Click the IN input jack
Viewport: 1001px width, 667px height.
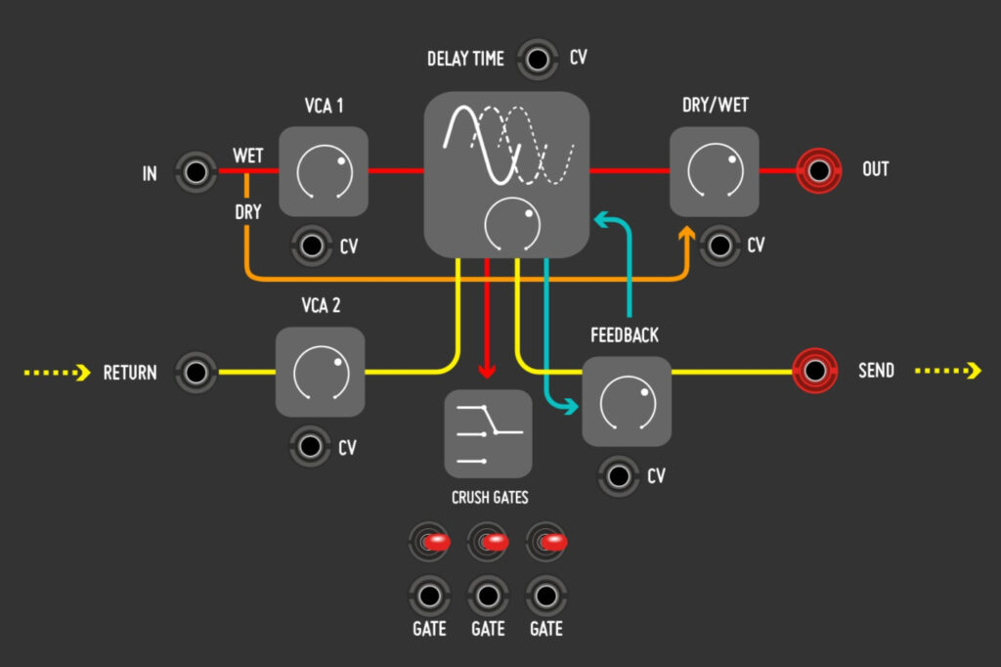(x=196, y=173)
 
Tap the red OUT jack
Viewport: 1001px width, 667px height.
(x=818, y=171)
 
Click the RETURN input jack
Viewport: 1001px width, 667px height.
(x=196, y=372)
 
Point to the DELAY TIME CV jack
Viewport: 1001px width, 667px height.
(x=536, y=60)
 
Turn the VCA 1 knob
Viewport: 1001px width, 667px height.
(x=324, y=172)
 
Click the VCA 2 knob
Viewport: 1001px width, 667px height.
(x=321, y=373)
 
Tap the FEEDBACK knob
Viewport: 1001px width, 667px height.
(x=627, y=401)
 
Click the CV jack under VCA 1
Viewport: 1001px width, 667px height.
(x=312, y=245)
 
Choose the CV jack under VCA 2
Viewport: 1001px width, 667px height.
(x=311, y=447)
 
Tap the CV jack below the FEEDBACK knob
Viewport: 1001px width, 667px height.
(x=618, y=475)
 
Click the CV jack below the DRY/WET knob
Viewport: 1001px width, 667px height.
(x=720, y=245)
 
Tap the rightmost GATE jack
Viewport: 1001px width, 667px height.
(x=545, y=594)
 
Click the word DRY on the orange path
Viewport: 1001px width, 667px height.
(x=248, y=212)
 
